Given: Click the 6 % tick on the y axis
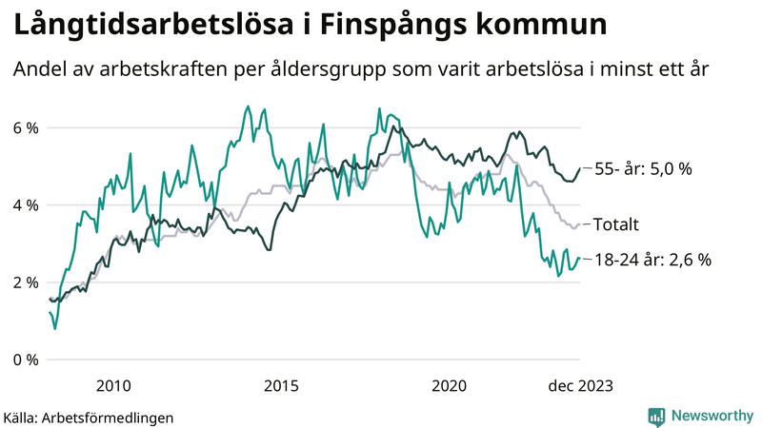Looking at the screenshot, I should pyautogui.click(x=26, y=127).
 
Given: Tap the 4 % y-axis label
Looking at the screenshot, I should pyautogui.click(x=26, y=204).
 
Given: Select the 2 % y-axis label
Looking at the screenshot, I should pyautogui.click(x=26, y=282).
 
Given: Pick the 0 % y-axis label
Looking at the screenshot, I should pyautogui.click(x=26, y=360).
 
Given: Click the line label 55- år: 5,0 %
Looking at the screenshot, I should pyautogui.click(x=643, y=168).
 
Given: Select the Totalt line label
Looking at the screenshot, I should pyautogui.click(x=615, y=224).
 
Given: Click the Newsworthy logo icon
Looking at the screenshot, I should pyautogui.click(x=656, y=416).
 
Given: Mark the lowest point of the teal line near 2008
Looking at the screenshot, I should pyautogui.click(x=54, y=329).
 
